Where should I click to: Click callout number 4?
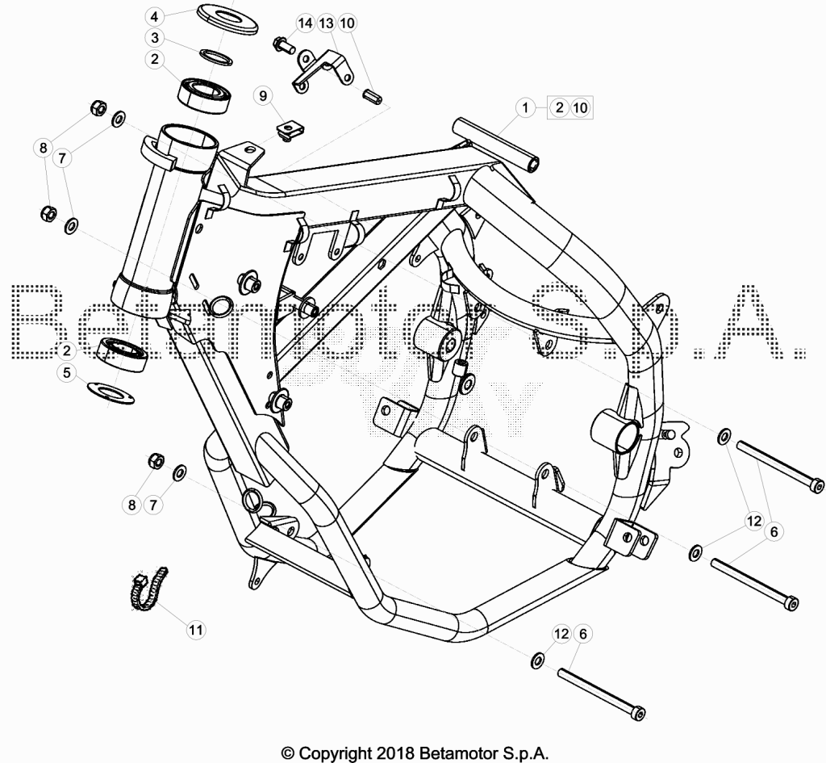(x=154, y=17)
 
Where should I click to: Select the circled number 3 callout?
(x=154, y=38)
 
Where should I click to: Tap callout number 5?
(x=66, y=373)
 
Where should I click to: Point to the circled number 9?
(x=263, y=96)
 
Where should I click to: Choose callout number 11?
(x=196, y=630)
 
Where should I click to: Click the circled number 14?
(x=305, y=23)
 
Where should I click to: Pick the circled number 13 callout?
(x=326, y=23)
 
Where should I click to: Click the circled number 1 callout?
(x=524, y=108)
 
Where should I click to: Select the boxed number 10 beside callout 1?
(x=580, y=108)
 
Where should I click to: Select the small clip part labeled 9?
(x=286, y=132)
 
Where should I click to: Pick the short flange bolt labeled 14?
(x=283, y=44)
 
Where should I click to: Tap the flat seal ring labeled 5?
(x=111, y=392)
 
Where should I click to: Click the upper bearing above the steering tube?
(x=202, y=94)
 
